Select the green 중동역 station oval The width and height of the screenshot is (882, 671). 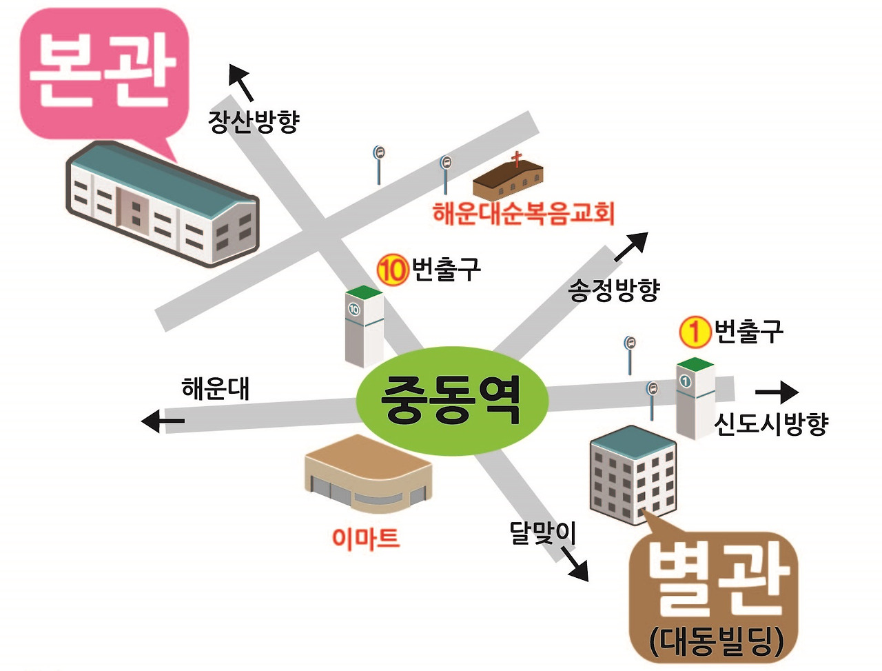coord(451,401)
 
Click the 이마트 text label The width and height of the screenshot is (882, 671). coord(365,537)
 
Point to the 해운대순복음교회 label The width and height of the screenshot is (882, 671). coord(523,213)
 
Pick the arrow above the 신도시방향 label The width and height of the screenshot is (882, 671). coord(777,392)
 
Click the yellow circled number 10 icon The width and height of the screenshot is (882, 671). coord(393,269)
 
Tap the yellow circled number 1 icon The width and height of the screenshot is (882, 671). coord(695,332)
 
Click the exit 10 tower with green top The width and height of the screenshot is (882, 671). coord(363,326)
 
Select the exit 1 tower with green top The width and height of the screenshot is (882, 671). coord(695,398)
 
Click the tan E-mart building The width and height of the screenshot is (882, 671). coord(369,472)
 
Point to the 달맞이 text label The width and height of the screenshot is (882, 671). coord(542,532)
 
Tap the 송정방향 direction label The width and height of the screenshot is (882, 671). coord(614,290)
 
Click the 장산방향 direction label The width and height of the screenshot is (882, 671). coord(254,121)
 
